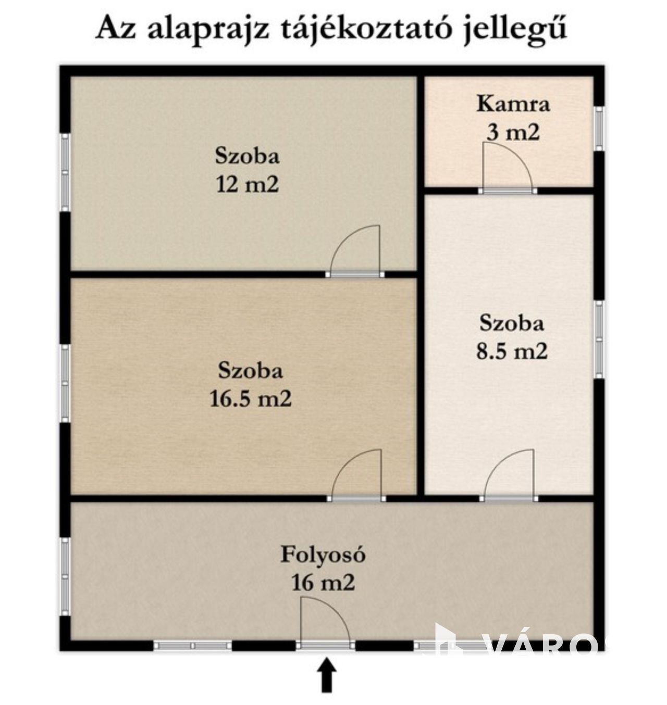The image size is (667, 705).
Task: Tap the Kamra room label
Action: click(x=513, y=104)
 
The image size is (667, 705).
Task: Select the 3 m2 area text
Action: click(x=513, y=132)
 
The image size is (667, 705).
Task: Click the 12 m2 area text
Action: click(x=248, y=185)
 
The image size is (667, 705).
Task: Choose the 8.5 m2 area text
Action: click(x=512, y=351)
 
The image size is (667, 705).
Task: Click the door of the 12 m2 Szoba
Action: click(x=355, y=250)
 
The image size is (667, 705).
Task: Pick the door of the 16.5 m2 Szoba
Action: click(x=356, y=474)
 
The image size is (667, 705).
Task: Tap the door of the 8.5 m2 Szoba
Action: click(x=509, y=474)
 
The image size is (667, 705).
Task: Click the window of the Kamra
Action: click(x=598, y=129)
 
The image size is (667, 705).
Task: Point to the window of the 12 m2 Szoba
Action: click(x=65, y=172)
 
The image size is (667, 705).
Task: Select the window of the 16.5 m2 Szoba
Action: click(x=65, y=383)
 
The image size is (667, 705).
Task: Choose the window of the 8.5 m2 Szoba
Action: click(x=598, y=339)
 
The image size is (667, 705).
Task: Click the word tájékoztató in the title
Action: click(x=366, y=29)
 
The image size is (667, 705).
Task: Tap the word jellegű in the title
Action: click(x=515, y=29)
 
